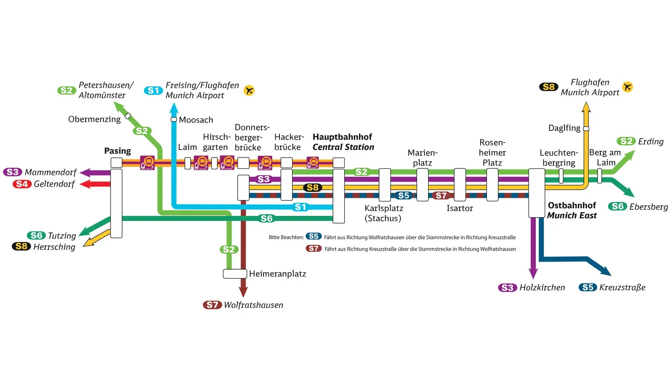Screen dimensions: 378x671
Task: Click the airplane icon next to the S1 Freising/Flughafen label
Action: point(249,90)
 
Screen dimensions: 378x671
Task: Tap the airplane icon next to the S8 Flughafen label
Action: point(627,87)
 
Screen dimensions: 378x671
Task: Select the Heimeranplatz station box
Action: point(235,274)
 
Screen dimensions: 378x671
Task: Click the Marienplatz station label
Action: point(422,157)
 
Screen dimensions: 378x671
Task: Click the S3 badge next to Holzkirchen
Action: point(507,288)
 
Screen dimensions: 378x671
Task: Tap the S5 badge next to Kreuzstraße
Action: point(588,287)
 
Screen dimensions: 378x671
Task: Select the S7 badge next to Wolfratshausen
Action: point(212,305)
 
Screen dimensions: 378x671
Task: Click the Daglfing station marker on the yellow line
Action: point(586,129)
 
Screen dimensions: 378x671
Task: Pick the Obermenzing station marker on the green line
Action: point(128,115)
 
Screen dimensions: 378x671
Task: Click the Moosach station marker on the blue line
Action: point(174,120)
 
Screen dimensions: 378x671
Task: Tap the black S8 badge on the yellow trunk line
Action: point(312,187)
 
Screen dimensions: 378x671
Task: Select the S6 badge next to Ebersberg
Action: point(618,206)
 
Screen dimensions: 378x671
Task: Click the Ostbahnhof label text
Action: point(572,205)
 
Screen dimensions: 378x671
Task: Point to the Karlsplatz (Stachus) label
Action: point(383,213)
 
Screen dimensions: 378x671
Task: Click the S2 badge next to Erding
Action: point(626,141)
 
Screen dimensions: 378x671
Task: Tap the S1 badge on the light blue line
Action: point(300,207)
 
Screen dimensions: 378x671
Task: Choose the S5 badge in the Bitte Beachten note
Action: point(313,236)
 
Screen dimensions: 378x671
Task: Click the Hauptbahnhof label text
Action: point(342,137)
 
